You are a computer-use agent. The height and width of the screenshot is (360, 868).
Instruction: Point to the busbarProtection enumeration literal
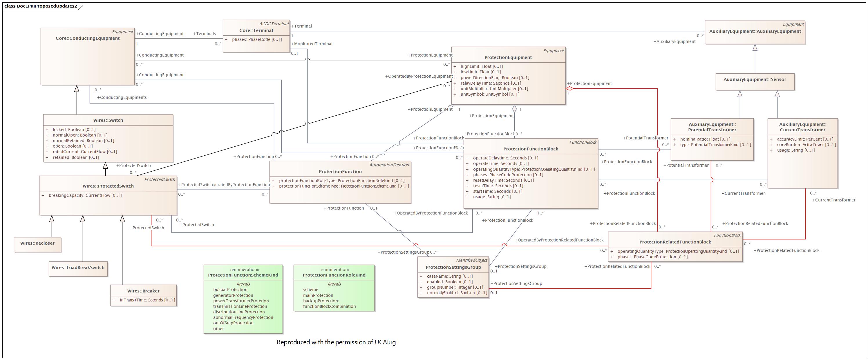tap(230, 290)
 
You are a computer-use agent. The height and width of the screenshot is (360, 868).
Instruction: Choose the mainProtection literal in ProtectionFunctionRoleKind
tap(318, 295)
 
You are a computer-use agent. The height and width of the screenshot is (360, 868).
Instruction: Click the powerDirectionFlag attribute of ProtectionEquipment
tap(495, 77)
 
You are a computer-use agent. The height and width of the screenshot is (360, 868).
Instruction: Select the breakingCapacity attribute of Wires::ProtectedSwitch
tap(85, 195)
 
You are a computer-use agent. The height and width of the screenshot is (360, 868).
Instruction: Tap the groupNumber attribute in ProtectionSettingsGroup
tap(455, 287)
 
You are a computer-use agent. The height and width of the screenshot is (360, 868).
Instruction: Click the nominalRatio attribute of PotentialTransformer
tap(705, 139)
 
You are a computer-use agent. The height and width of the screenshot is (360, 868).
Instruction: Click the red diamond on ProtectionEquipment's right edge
tap(570, 89)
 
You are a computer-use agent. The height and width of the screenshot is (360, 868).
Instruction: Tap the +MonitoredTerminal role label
tap(312, 44)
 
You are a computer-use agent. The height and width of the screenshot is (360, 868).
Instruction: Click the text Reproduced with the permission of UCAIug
tap(337, 342)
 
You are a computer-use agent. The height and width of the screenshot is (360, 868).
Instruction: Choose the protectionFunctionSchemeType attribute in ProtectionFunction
tap(344, 186)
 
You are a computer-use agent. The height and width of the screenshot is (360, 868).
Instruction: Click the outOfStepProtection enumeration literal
tap(233, 323)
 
